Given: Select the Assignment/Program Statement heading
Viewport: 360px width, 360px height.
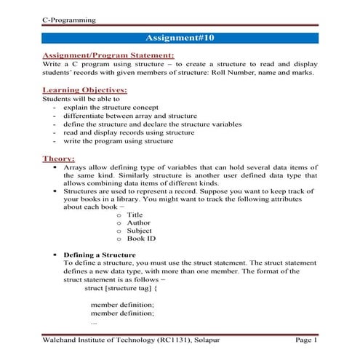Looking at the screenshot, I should (x=108, y=55).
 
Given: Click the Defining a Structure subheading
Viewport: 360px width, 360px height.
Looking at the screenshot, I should (x=99, y=255).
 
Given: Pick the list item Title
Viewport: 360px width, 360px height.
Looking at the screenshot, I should (x=135, y=215).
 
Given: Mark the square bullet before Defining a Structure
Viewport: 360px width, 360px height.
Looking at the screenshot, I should (x=55, y=255).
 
